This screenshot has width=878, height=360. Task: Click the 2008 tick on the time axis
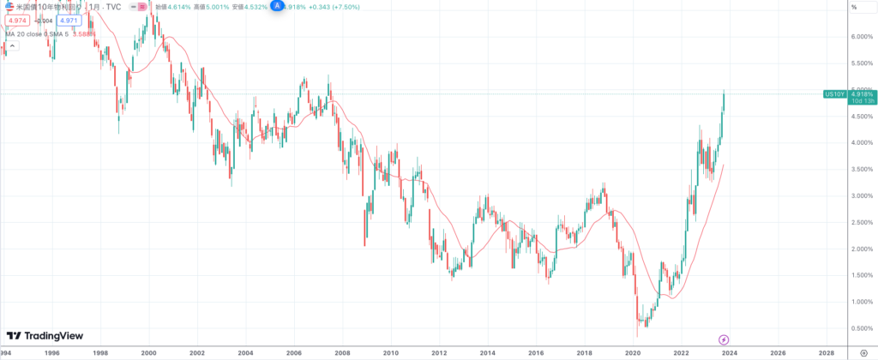pyautogui.click(x=343, y=353)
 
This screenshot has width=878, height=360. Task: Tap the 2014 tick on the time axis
pyautogui.click(x=488, y=353)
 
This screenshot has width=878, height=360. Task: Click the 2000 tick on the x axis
pyautogui.click(x=149, y=353)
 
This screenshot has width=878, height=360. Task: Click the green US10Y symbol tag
pyautogui.click(x=833, y=93)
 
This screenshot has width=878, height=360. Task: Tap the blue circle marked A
pyautogui.click(x=277, y=5)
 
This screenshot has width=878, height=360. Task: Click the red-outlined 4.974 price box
pyautogui.click(x=18, y=20)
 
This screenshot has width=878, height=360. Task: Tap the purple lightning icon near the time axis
pyautogui.click(x=724, y=339)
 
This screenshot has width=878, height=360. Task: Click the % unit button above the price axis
pyautogui.click(x=853, y=7)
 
